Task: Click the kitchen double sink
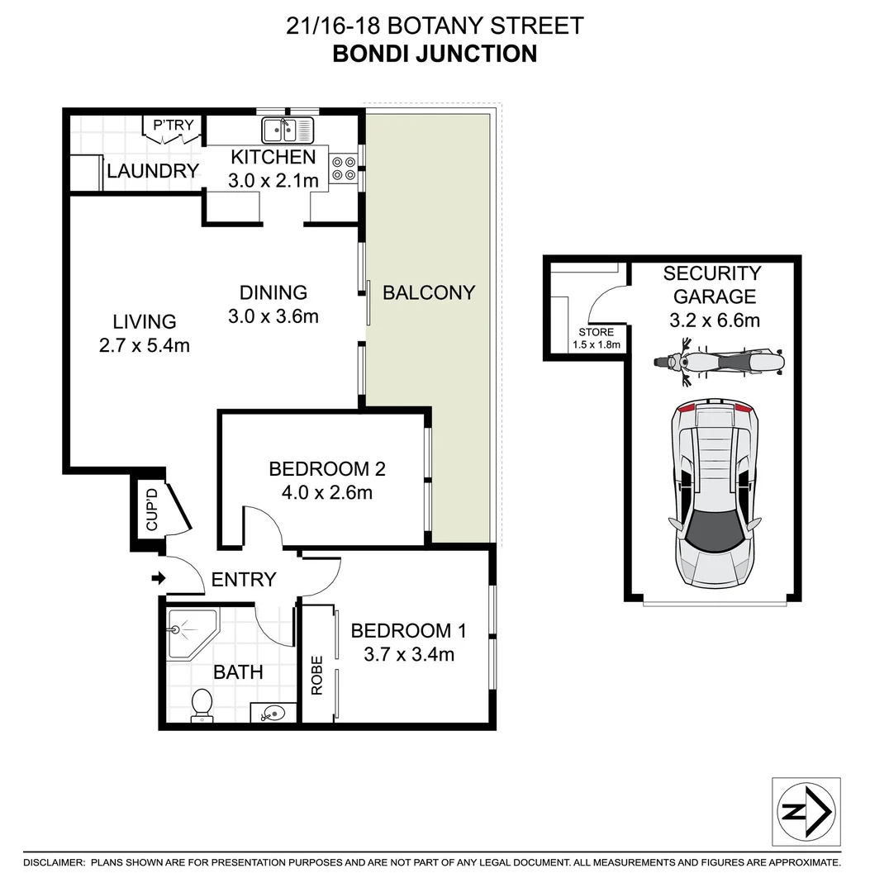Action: coord(288,130)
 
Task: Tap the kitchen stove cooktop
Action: coord(342,168)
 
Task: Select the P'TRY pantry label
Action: coord(174,126)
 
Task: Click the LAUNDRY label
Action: coord(153,171)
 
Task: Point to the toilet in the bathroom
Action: coord(201,706)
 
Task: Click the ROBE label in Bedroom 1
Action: coord(317,676)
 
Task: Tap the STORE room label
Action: coord(596,332)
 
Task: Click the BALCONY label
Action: coord(429,292)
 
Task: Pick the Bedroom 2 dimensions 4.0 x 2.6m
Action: coord(327,493)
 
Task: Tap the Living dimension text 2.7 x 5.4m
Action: coord(145,344)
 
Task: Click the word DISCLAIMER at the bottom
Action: coord(54,862)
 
